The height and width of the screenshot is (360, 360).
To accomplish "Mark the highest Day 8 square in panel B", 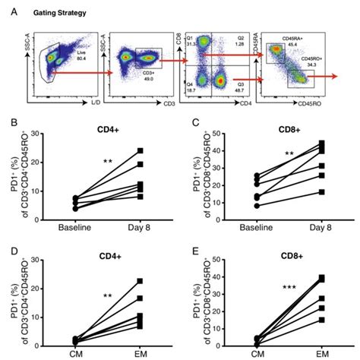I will click(x=141, y=150).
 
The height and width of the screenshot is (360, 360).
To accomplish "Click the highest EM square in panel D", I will click(x=141, y=281).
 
